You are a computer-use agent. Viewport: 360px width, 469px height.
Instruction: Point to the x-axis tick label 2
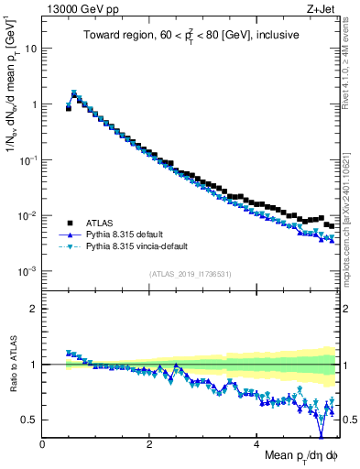pos(149,443)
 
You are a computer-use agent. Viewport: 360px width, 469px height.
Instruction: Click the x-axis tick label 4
pos(256,443)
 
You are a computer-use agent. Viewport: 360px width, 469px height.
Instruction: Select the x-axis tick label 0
pos(42,443)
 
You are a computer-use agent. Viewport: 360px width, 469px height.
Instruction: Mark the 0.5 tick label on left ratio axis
pos(30,420)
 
